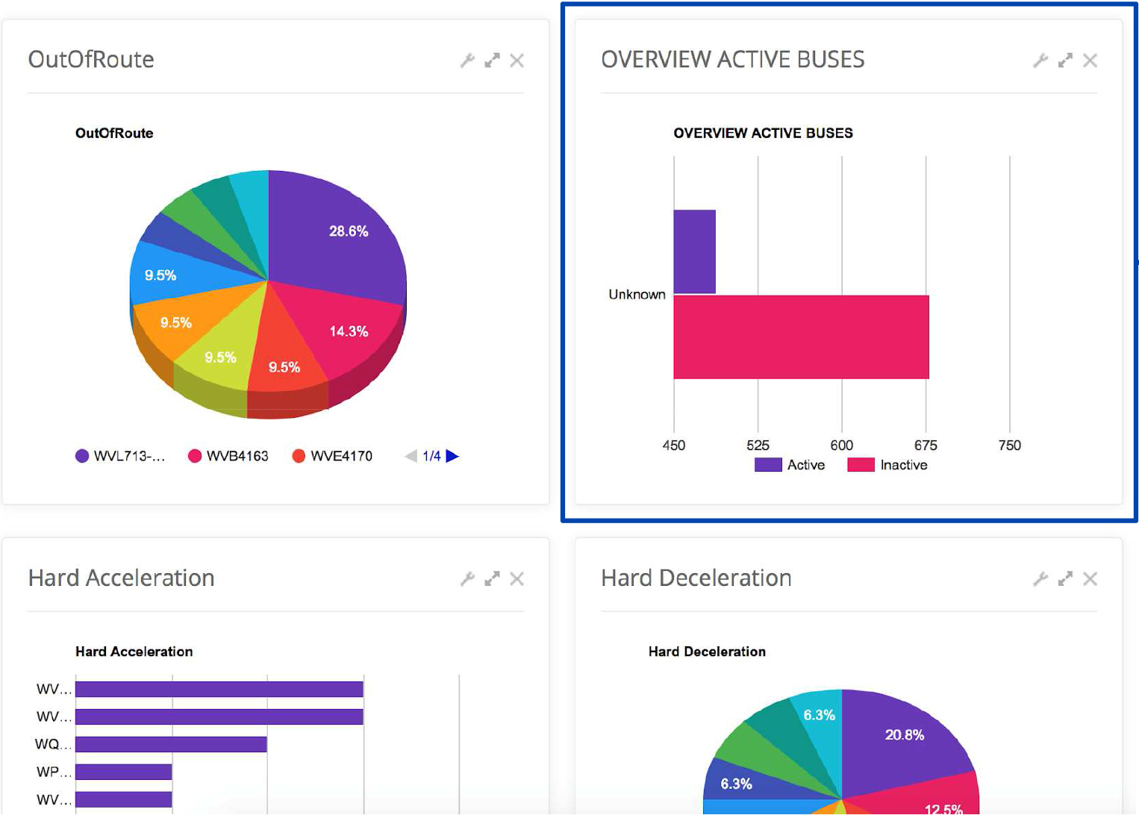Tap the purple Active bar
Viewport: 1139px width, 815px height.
tap(694, 252)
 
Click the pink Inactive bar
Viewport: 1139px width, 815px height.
tap(801, 337)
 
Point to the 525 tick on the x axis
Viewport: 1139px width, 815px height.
tap(758, 446)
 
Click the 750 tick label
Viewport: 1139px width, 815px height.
tap(1009, 446)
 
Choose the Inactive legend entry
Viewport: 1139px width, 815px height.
tap(888, 465)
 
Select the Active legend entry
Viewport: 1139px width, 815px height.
tap(790, 465)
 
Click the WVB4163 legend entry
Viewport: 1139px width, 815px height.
tap(228, 456)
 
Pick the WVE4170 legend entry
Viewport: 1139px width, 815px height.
tap(333, 456)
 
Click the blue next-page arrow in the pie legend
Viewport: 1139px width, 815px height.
tap(452, 456)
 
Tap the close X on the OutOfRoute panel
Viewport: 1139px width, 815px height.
tap(517, 60)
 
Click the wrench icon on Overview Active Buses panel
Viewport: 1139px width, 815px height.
tap(1040, 60)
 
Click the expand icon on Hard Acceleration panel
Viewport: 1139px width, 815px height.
tap(492, 578)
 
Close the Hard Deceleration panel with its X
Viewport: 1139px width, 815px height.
tap(1090, 578)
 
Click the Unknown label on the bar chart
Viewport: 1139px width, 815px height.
tap(637, 294)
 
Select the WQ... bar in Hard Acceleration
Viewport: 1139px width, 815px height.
tap(171, 744)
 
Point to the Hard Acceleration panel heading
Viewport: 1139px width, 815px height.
tap(121, 578)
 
